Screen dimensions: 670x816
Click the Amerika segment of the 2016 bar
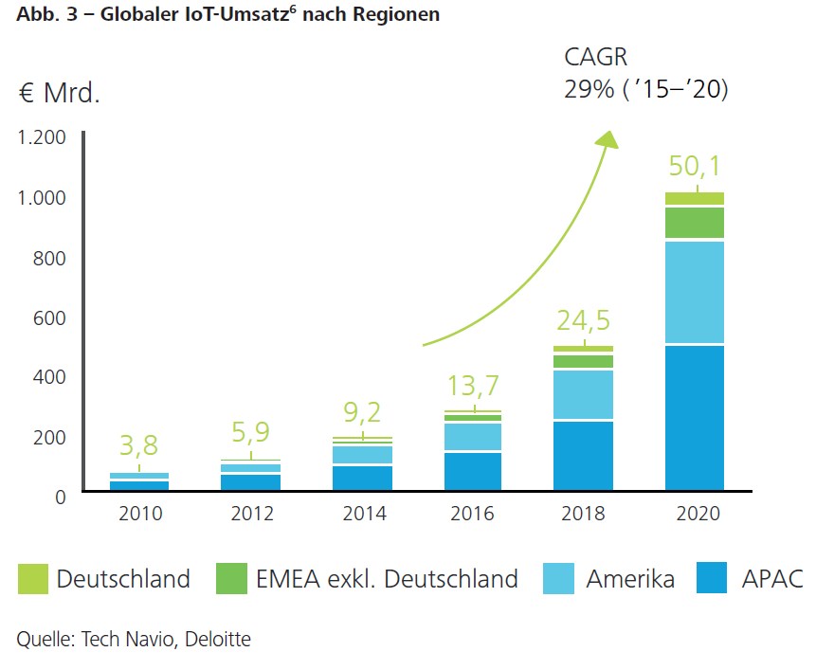click(473, 437)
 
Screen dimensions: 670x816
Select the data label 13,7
click(473, 387)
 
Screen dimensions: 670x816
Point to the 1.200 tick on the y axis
click(42, 137)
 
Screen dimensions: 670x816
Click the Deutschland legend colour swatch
click(32, 579)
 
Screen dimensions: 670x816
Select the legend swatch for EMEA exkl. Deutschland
click(230, 579)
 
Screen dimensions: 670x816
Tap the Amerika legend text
click(630, 579)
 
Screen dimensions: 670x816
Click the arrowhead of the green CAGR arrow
click(607, 140)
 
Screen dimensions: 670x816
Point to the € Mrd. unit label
click(59, 95)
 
